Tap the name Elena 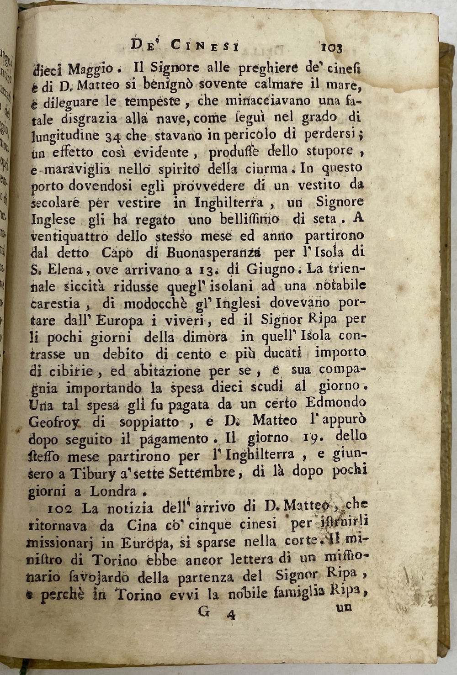click(63, 269)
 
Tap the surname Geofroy click(54, 422)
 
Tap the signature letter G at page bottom click(204, 612)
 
